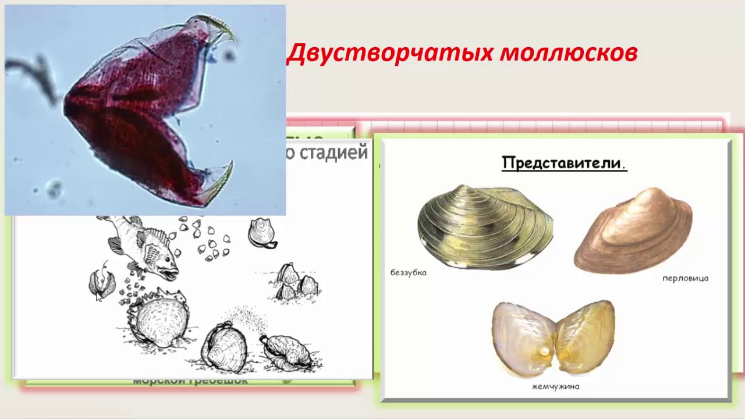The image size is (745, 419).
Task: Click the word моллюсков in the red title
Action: (x=569, y=53)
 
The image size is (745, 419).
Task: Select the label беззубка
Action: (x=409, y=272)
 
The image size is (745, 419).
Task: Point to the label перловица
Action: (x=685, y=278)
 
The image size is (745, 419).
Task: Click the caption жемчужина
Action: (x=555, y=386)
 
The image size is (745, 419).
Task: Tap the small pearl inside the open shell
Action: (x=544, y=351)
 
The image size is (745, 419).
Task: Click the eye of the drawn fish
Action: (x=156, y=254)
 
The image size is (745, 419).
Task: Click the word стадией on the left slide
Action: (x=340, y=152)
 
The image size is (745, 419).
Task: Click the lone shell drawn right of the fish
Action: (x=261, y=233)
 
